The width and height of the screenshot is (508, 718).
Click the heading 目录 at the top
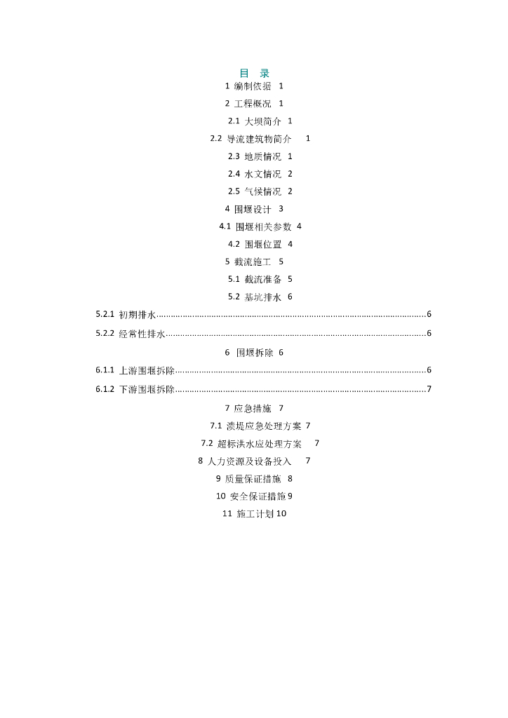coord(254,73)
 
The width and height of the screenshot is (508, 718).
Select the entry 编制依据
coord(253,86)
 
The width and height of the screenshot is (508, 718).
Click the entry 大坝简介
coord(263,121)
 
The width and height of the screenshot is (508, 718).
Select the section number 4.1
coord(225,226)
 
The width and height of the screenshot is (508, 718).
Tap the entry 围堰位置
coord(263,244)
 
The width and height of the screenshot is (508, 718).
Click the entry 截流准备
coord(263,279)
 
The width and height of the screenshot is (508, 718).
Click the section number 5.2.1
coord(105,314)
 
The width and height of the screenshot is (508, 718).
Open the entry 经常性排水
coord(142,334)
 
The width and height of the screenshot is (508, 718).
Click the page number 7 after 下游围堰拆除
coord(429,389)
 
